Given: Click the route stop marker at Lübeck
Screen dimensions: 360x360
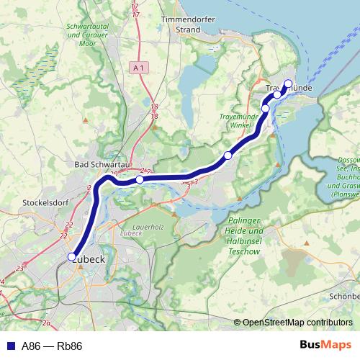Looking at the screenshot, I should (x=72, y=256).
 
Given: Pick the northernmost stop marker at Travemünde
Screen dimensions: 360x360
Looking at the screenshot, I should (x=288, y=84).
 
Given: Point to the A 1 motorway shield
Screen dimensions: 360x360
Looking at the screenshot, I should (x=140, y=67).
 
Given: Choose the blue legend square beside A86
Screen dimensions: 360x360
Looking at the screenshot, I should (x=9, y=346).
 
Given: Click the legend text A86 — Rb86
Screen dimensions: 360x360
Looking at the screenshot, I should (x=52, y=346).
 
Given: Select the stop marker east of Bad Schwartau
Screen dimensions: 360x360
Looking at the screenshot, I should (x=140, y=180).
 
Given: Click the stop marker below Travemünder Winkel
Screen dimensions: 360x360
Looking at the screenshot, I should (x=228, y=156).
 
